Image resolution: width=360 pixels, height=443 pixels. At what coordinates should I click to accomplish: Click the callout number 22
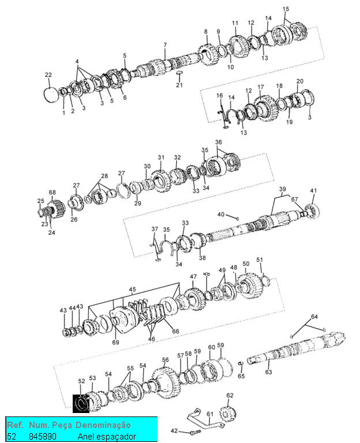[48, 75]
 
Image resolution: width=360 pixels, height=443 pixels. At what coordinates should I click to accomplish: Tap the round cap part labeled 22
[51, 95]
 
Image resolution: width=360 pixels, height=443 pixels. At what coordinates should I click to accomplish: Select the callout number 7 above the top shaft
[165, 44]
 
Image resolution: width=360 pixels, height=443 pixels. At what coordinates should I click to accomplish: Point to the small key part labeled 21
[179, 73]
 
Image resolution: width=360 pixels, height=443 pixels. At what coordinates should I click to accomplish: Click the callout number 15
[286, 9]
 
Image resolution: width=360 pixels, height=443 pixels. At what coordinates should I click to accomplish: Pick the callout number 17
[261, 87]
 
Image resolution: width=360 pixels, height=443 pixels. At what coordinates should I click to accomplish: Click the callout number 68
[52, 193]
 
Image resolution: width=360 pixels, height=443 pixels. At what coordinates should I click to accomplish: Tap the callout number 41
[313, 191]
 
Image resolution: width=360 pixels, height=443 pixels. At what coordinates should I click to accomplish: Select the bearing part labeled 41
[312, 211]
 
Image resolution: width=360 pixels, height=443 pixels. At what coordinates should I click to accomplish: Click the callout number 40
[221, 215]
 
